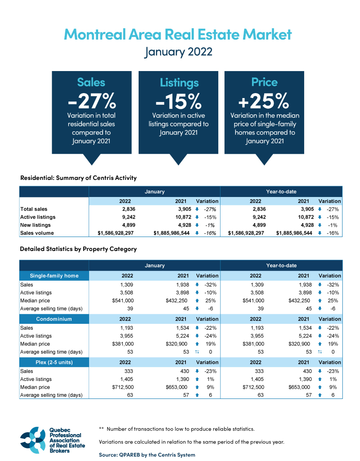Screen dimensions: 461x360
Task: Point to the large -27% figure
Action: click(x=91, y=100)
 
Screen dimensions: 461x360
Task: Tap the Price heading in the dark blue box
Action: click(x=265, y=82)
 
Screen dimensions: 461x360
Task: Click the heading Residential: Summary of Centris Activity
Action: click(x=78, y=178)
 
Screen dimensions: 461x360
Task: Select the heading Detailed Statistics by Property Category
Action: click(x=78, y=249)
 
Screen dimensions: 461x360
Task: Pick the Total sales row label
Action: click(x=34, y=209)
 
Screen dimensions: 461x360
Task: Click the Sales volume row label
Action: click(x=37, y=233)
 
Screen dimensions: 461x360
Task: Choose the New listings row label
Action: click(x=36, y=225)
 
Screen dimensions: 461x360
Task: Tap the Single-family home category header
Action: click(x=54, y=275)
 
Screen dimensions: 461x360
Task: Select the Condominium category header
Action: click(x=54, y=319)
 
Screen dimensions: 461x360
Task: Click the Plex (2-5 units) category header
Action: click(x=54, y=363)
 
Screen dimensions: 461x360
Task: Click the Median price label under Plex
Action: click(x=36, y=387)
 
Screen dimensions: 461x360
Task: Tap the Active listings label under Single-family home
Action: click(x=36, y=292)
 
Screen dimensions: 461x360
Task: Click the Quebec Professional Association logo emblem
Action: click(x=33, y=439)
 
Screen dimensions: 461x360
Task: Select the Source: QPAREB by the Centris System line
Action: click(x=147, y=455)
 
